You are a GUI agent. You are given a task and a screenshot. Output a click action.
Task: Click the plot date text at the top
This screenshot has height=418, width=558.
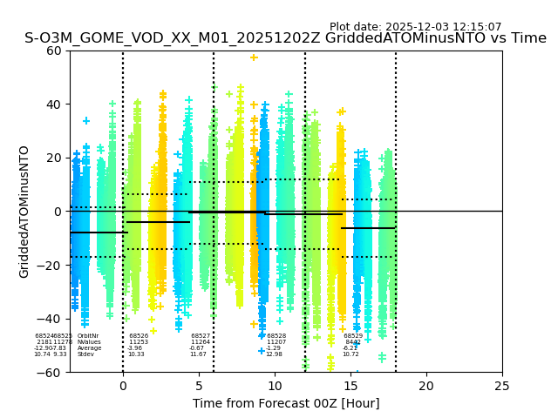[x=415, y=27]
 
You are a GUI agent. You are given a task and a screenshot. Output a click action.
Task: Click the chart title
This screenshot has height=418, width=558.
[x=285, y=38]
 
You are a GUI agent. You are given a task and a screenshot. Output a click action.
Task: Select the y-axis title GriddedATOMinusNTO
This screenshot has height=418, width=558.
[x=24, y=212]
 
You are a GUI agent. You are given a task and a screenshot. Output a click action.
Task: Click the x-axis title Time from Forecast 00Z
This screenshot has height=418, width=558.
[x=286, y=403]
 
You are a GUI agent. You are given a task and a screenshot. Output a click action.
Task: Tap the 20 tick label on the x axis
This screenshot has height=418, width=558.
[x=426, y=386]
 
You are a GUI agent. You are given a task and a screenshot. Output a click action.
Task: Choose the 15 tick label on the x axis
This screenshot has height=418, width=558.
[x=350, y=386]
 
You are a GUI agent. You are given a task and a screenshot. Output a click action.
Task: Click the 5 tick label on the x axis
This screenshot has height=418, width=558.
[x=199, y=386]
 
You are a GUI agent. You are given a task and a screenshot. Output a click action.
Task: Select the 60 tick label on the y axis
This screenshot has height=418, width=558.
[x=54, y=51]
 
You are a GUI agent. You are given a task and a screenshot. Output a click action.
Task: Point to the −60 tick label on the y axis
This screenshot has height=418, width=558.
[x=51, y=372]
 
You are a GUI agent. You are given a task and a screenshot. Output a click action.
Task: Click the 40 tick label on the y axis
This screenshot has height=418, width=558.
[x=54, y=104]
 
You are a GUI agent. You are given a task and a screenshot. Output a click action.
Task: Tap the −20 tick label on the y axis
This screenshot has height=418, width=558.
[x=51, y=265]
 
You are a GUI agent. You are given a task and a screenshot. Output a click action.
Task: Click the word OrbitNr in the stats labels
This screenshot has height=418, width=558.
[x=87, y=336]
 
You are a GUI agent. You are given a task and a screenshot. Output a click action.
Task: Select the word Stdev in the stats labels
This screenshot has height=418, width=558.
[x=85, y=354]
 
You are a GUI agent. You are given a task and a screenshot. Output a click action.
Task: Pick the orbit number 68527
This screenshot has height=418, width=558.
[x=201, y=336]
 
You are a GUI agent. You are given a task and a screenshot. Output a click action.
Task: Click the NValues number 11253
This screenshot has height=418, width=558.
[x=139, y=342]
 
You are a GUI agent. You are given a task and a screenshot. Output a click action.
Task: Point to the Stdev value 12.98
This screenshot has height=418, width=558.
[x=274, y=354]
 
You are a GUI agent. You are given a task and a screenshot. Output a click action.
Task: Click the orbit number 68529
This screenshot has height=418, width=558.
[x=353, y=336]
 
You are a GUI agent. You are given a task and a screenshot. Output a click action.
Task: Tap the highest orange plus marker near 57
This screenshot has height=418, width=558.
[x=254, y=57]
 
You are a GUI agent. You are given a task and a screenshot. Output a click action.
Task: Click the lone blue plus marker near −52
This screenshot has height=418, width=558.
[x=261, y=351]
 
